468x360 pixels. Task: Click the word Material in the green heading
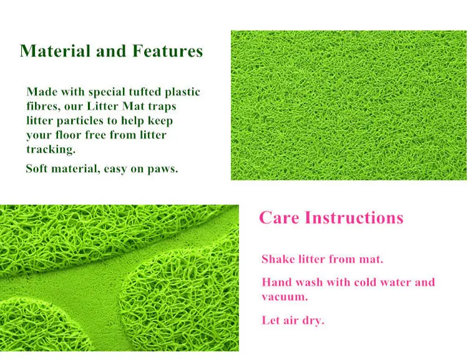(55, 51)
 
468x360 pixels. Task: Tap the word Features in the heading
(167, 51)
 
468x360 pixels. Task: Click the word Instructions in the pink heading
(354, 217)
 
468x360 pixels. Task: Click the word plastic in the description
(182, 92)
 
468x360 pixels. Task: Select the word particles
(80, 121)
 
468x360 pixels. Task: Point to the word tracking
(51, 149)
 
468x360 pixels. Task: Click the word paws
(163, 169)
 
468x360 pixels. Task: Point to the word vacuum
(285, 297)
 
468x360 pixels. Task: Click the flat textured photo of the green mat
(349, 105)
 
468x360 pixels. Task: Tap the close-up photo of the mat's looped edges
(119, 278)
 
